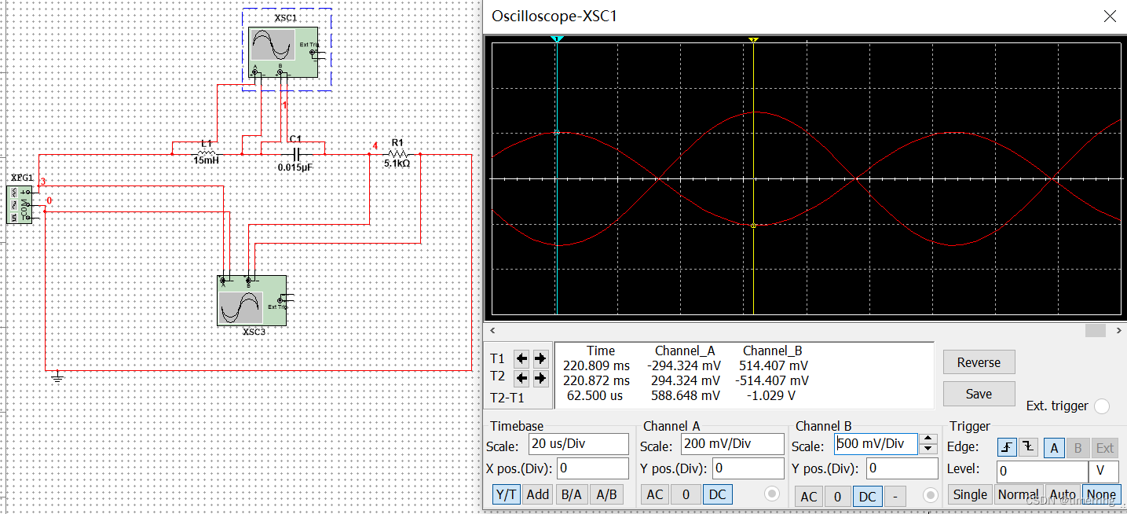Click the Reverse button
tap(979, 362)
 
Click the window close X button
tap(1109, 17)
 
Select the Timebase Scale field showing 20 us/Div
tap(578, 443)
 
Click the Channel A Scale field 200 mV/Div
tap(732, 443)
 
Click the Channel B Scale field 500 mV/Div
tap(875, 443)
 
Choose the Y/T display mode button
tap(506, 494)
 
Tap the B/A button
tap(571, 494)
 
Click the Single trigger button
tap(970, 494)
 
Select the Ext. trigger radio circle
tap(1102, 406)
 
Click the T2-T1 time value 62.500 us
tap(595, 395)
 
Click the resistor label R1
tap(397, 142)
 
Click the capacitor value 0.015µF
tap(295, 167)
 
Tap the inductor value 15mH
tap(206, 160)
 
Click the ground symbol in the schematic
tap(57, 377)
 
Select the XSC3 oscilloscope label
tap(254, 332)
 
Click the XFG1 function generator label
tap(23, 178)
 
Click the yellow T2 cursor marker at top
tap(753, 39)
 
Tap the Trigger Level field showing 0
tap(1041, 472)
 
